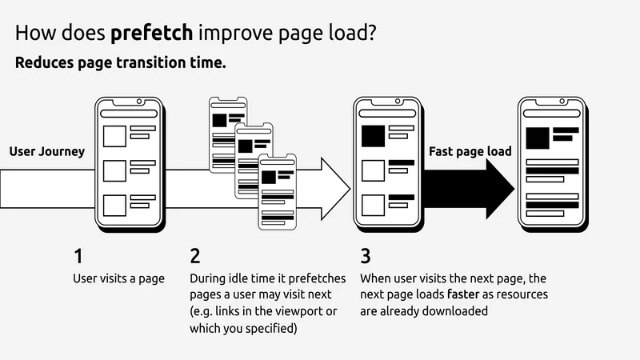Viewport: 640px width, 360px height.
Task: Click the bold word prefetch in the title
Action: [x=152, y=33]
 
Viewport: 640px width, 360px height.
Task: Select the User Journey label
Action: [x=47, y=151]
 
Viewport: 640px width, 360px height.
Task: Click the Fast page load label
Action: [x=470, y=151]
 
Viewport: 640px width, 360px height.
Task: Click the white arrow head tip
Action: [x=350, y=189]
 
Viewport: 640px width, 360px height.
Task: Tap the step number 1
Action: [x=78, y=256]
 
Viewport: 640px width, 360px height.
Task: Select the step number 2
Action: [x=195, y=256]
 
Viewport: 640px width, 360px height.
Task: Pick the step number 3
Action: [x=366, y=256]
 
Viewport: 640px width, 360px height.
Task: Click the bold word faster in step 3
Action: [x=463, y=294]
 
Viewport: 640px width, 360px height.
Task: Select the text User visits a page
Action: [x=118, y=278]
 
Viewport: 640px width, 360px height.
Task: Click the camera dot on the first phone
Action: [x=139, y=102]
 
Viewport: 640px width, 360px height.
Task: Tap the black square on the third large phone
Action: [x=373, y=136]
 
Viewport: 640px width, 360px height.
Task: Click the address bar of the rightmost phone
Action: [x=552, y=113]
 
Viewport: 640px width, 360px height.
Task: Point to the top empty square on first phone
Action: [x=114, y=136]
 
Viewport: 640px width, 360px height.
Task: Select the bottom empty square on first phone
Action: [x=114, y=206]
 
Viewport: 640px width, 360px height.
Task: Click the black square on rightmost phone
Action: [x=538, y=138]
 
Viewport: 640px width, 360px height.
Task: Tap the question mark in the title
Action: [x=371, y=33]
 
